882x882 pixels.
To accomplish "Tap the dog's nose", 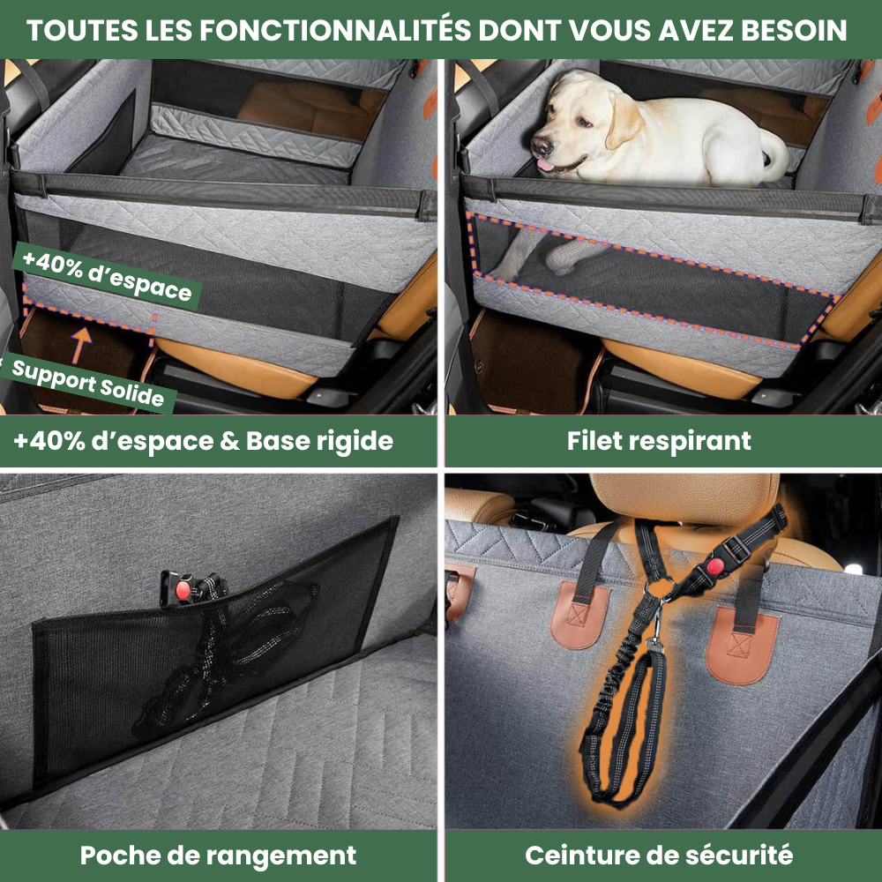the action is [x=542, y=146].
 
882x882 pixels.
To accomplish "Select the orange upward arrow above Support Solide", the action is [x=81, y=345].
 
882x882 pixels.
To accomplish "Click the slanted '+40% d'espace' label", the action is [x=107, y=275].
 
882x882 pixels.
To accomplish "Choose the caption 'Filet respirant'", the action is [x=659, y=441].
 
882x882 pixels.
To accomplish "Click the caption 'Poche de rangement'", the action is [x=218, y=856].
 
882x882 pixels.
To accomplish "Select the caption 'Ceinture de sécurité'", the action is [x=659, y=856].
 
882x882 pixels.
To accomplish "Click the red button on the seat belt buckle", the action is [x=715, y=566].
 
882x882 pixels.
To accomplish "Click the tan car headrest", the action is [x=684, y=498].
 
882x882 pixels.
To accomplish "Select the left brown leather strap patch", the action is [x=580, y=616].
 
